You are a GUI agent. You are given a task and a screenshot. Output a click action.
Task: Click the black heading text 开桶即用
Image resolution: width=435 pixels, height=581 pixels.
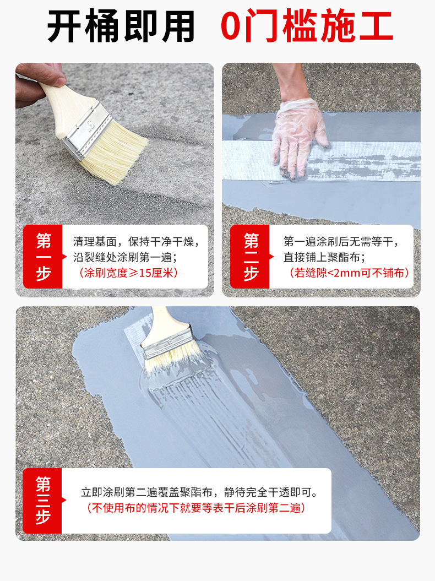point(121,26)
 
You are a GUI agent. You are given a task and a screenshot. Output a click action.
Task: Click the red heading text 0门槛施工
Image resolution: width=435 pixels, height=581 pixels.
point(307,26)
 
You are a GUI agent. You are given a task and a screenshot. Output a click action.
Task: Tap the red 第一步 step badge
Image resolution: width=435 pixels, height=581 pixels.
point(42,256)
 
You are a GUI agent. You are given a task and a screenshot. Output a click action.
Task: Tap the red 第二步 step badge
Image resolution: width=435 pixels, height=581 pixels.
point(251,256)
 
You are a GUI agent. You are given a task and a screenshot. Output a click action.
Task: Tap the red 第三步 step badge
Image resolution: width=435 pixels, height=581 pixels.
point(42,500)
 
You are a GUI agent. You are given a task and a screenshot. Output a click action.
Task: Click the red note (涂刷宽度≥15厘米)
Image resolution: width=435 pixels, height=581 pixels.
point(129,273)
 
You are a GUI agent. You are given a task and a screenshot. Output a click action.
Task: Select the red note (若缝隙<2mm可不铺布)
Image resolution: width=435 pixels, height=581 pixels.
point(349,273)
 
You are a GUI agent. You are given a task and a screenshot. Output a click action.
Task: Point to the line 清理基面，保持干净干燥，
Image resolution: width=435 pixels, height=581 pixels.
point(136,241)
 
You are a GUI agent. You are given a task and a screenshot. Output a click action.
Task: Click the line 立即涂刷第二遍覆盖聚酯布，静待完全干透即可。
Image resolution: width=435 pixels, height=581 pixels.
point(199,492)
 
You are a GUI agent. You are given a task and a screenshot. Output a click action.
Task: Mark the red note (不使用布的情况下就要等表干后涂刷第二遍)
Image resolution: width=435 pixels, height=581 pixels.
point(197,508)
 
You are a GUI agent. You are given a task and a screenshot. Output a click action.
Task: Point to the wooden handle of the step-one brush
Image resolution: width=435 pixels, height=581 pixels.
point(58,99)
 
